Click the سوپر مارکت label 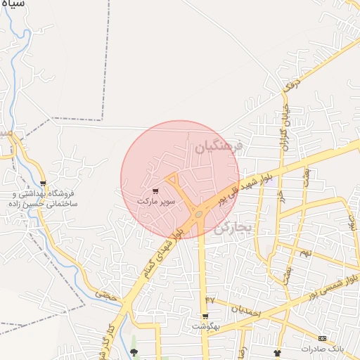(155, 201)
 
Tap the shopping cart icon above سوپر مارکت (155, 191)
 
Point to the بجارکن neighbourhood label (233, 226)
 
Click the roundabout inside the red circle (200, 212)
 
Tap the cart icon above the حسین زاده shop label (44, 184)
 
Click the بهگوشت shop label (206, 327)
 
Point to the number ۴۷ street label (209, 300)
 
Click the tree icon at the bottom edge (134, 352)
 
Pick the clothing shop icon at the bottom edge (276, 352)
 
